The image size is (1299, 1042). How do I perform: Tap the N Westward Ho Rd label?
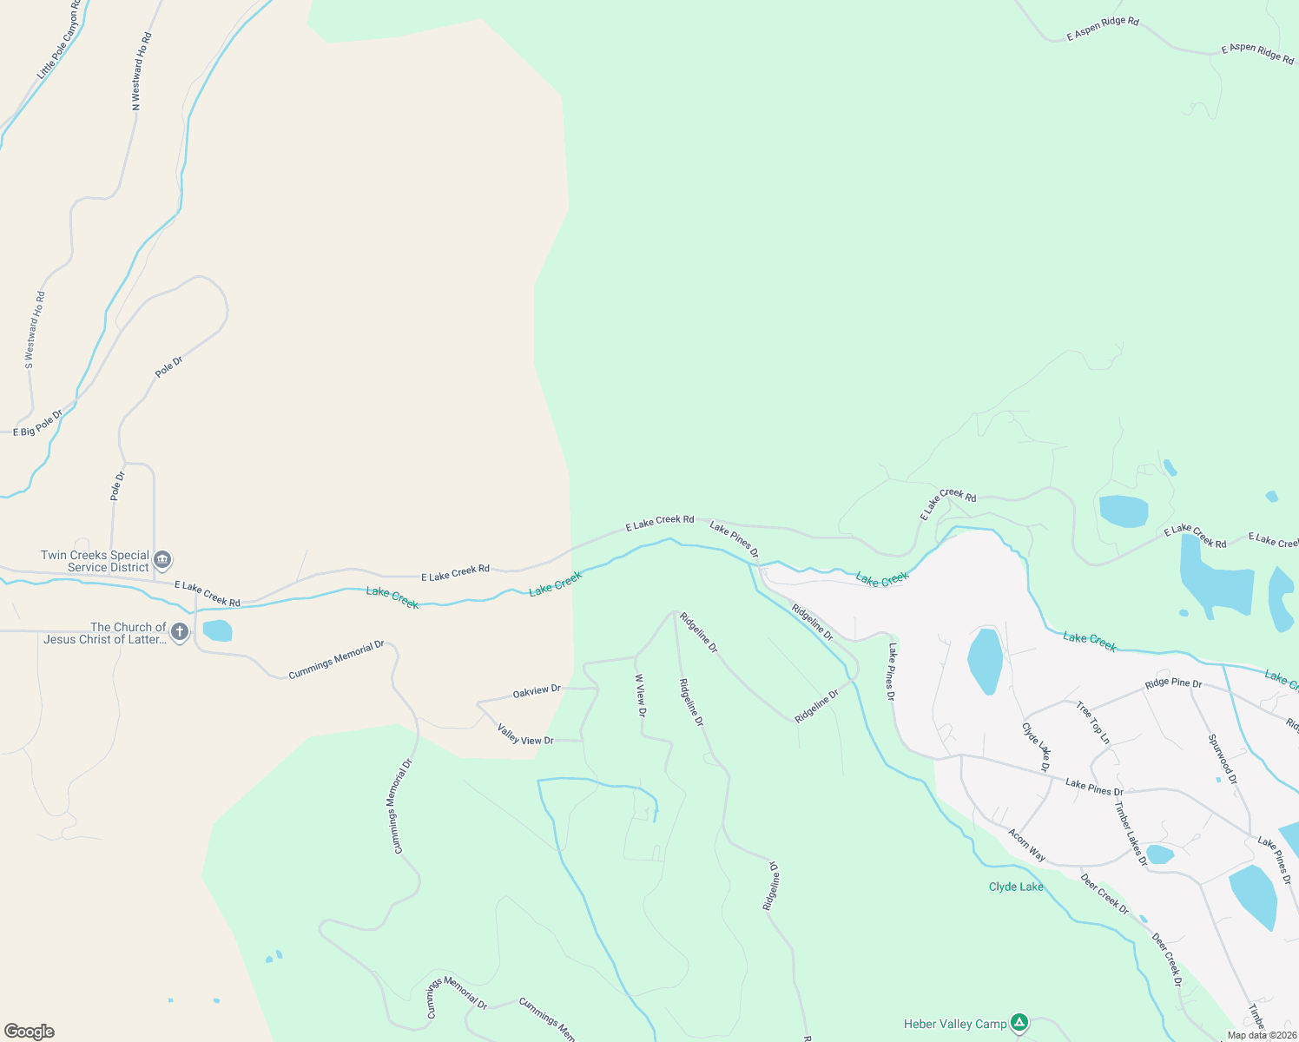pyautogui.click(x=142, y=71)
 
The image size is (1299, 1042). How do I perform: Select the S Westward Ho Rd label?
pyautogui.click(x=35, y=331)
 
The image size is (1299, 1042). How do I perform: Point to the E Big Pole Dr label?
pyautogui.click(x=38, y=424)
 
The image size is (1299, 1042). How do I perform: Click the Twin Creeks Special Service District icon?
pyautogui.click(x=162, y=560)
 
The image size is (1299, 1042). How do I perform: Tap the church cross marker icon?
pyautogui.click(x=180, y=632)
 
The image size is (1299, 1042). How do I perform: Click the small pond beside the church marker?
pyautogui.click(x=217, y=630)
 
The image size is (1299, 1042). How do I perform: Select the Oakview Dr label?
pyautogui.click(x=537, y=691)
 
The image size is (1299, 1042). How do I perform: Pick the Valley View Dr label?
pyautogui.click(x=525, y=735)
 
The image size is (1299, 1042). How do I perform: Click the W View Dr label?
pyautogui.click(x=640, y=696)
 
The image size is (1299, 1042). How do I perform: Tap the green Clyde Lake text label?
pyautogui.click(x=1016, y=887)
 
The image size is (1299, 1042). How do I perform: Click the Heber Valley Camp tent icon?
pyautogui.click(x=1019, y=1023)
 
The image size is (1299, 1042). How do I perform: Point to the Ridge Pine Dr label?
pyautogui.click(x=1173, y=683)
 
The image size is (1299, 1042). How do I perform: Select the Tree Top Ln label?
pyautogui.click(x=1093, y=722)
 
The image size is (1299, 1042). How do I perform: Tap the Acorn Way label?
pyautogui.click(x=1026, y=844)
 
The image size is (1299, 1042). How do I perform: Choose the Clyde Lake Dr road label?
pyautogui.click(x=1036, y=747)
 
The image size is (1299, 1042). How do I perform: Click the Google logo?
pyautogui.click(x=29, y=1032)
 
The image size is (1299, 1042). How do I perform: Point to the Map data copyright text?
pyautogui.click(x=1262, y=1035)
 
